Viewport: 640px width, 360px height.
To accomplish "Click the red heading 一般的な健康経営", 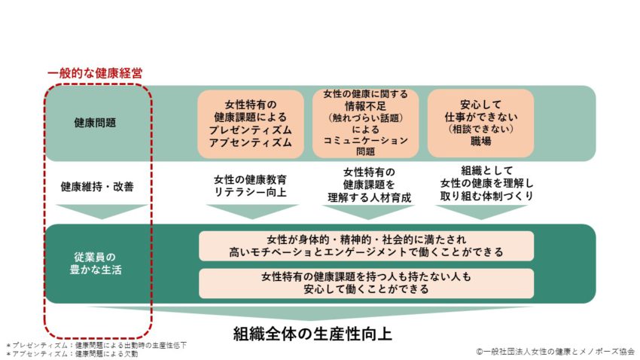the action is pyautogui.click(x=95, y=74).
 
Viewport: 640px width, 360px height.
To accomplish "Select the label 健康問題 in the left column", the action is pyautogui.click(x=95, y=123).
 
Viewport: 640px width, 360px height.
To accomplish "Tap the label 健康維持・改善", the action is pyautogui.click(x=97, y=187).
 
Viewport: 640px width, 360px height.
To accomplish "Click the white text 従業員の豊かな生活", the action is pyautogui.click(x=96, y=264).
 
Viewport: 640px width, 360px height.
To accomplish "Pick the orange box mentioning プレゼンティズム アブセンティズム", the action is pyautogui.click(x=251, y=124).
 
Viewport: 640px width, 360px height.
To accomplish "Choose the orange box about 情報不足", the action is pyautogui.click(x=365, y=124).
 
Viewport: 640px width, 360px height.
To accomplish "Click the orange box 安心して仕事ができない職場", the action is pyautogui.click(x=481, y=124).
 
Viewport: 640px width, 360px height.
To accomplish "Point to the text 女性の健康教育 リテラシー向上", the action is pyautogui.click(x=251, y=186).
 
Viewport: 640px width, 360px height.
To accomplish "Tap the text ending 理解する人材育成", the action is pyautogui.click(x=369, y=185).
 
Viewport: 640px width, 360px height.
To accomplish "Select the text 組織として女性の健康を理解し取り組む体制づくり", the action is pyautogui.click(x=486, y=183).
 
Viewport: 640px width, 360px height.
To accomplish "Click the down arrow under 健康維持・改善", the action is pyautogui.click(x=102, y=212).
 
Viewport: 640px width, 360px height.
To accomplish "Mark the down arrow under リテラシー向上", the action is pyautogui.click(x=252, y=212).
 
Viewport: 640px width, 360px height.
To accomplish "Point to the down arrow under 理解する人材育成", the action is pyautogui.click(x=368, y=212).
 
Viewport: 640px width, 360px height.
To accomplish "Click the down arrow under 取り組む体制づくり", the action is pyautogui.click(x=481, y=212).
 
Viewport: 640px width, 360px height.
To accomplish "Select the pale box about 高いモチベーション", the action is pyautogui.click(x=366, y=246).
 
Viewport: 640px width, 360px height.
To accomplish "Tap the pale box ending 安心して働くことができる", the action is pyautogui.click(x=366, y=283).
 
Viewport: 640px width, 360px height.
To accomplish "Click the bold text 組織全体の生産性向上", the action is pyautogui.click(x=312, y=334).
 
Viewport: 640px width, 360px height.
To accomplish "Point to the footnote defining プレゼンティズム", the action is pyautogui.click(x=96, y=345).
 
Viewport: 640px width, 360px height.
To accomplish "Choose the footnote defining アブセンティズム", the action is pyautogui.click(x=72, y=354).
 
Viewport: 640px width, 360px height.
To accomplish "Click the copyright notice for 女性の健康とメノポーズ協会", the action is pyautogui.click(x=555, y=352).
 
